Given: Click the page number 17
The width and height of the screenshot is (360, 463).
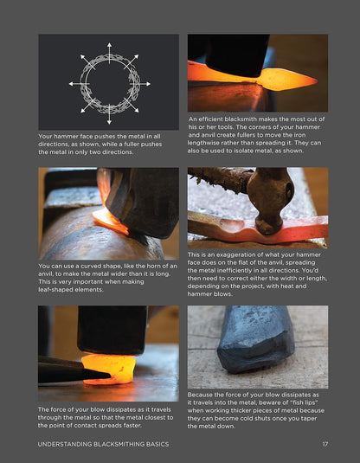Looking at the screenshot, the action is click(x=325, y=444).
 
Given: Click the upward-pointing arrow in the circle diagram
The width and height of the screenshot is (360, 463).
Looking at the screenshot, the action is click(x=109, y=53).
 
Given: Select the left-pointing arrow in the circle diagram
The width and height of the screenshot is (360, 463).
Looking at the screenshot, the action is click(x=79, y=84).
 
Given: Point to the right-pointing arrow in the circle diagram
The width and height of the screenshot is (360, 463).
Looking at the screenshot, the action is click(x=140, y=84).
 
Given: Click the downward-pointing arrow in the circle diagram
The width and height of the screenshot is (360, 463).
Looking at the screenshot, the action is click(x=109, y=114).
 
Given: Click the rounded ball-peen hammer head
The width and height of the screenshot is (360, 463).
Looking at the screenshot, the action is click(x=270, y=201).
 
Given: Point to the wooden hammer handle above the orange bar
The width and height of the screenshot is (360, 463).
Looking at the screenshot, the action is click(x=219, y=178).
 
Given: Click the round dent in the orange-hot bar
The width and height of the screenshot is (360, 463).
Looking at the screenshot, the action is click(x=233, y=225).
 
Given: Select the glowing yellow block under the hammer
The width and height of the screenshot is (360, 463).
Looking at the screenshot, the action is click(x=108, y=369).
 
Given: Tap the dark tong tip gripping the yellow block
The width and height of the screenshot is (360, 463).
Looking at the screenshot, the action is click(x=98, y=375).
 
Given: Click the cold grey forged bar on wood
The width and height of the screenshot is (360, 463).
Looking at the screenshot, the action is click(x=256, y=339).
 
